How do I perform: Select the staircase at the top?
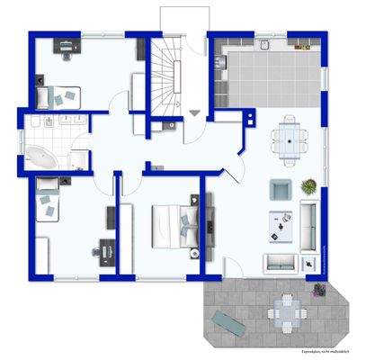167,71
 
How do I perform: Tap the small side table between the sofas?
310,263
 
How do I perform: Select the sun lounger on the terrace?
226,319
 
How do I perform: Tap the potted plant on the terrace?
319,289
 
